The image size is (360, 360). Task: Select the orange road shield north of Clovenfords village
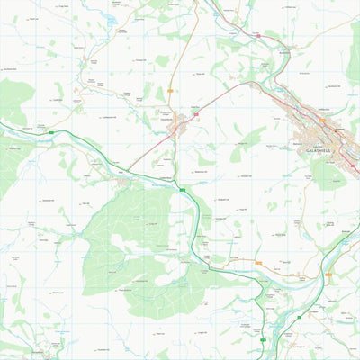tap(170, 90)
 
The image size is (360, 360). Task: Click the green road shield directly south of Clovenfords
tap(183, 190)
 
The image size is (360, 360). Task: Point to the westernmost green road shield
tap(50, 132)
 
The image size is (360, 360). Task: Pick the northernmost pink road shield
tap(257, 35)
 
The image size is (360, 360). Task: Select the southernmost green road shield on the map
tap(263, 341)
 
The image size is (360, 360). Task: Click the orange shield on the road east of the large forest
tap(258, 263)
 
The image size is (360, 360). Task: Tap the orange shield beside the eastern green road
tap(328, 273)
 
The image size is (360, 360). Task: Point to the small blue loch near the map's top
tap(111, 18)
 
